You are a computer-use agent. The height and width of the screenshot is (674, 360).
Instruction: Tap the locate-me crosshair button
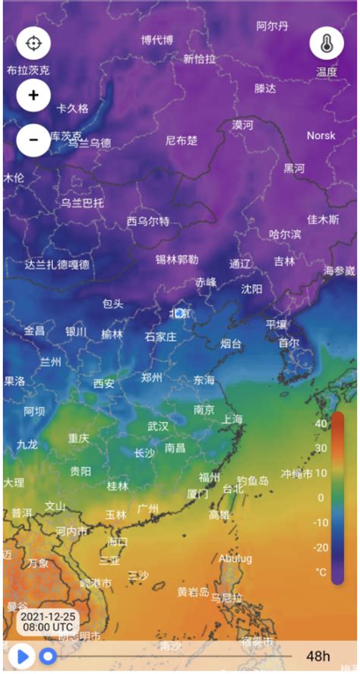coord(33,43)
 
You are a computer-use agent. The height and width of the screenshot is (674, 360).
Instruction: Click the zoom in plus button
coord(33,96)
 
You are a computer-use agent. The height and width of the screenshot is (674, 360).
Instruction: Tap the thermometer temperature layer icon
coord(326,43)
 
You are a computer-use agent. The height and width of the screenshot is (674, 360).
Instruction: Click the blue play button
coord(21,655)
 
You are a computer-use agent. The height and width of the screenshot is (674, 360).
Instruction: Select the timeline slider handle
coord(49,655)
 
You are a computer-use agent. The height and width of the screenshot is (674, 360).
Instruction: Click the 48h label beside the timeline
coord(318,656)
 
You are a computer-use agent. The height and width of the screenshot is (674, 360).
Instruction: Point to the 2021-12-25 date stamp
coord(47,615)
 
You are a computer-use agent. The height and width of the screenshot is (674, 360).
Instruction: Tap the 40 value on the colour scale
coord(321,424)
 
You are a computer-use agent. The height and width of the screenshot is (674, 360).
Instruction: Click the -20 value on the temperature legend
coord(321,547)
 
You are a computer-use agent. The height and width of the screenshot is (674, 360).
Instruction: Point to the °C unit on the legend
coord(321,572)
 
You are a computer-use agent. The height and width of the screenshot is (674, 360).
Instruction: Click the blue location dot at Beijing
coord(179,313)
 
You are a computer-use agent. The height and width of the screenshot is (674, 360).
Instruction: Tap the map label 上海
coord(232,419)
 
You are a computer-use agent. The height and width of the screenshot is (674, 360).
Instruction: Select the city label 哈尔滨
coord(285,235)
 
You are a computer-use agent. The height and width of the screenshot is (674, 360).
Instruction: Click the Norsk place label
coord(321,136)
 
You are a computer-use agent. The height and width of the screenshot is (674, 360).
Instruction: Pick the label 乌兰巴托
coord(83,203)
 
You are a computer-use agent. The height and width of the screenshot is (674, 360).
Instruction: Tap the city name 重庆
coord(79,438)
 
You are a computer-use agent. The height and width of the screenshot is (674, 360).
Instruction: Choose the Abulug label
coord(235,558)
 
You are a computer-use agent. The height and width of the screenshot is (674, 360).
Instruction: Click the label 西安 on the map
coord(104,383)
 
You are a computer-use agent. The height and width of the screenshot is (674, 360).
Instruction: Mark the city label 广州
coord(147,508)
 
